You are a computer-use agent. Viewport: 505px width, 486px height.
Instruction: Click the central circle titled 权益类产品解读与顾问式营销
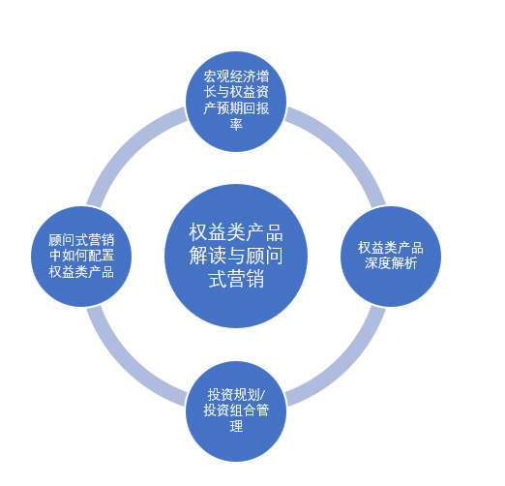236,256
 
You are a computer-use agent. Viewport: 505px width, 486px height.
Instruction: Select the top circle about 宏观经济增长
236,102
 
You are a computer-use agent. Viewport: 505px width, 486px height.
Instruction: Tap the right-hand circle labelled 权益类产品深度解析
391,257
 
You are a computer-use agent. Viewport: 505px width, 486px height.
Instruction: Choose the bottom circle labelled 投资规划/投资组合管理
236,411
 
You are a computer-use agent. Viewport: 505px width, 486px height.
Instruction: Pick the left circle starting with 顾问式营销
81,257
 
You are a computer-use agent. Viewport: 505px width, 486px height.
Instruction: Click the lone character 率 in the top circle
236,124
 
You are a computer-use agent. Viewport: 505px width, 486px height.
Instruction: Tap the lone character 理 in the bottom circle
236,426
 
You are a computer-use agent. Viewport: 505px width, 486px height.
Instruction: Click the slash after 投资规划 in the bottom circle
262,395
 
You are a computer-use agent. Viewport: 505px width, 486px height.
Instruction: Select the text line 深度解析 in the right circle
391,263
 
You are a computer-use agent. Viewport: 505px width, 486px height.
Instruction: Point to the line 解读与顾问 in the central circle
236,256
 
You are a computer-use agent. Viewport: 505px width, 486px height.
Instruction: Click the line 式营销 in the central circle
236,279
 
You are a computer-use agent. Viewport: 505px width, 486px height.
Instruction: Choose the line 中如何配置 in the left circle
81,256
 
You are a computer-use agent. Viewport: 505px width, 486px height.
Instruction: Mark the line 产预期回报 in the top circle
236,108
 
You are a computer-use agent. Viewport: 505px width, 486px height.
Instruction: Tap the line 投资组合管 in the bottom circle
236,410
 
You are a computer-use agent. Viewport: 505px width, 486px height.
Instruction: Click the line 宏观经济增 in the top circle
236,76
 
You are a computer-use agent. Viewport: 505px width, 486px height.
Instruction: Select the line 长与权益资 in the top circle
236,92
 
